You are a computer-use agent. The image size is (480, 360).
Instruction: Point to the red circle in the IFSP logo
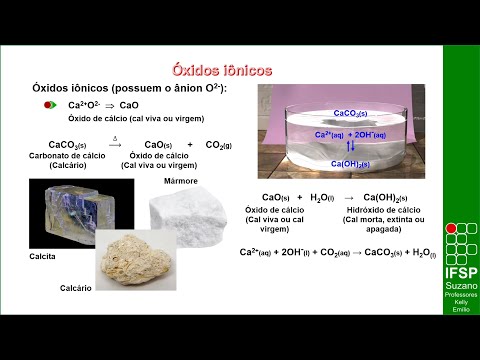pyautogui.click(x=450, y=228)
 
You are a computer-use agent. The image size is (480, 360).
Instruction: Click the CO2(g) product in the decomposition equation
pyautogui.click(x=217, y=145)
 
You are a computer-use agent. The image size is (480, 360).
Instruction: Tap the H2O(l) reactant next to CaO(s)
pyautogui.click(x=323, y=197)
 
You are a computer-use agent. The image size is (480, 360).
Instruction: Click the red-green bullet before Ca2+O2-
pyautogui.click(x=50, y=104)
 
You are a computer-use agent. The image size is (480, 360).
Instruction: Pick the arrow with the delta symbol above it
pyautogui.click(x=115, y=144)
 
